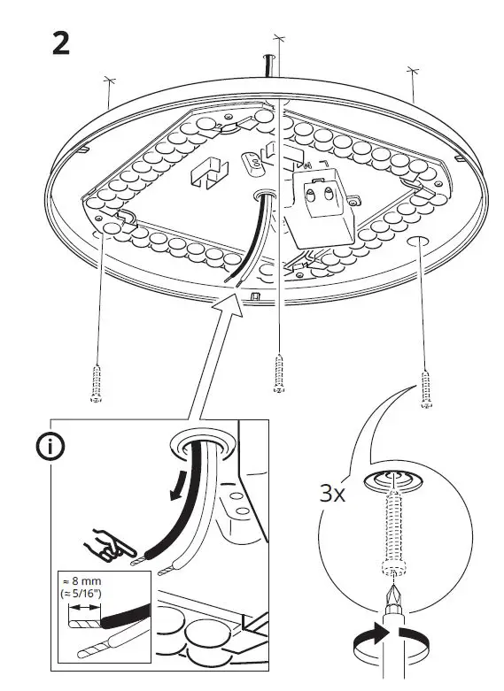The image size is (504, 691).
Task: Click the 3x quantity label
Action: pos(332,493)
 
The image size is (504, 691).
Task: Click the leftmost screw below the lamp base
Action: pos(96,383)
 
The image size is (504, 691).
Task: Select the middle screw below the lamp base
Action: pos(279,372)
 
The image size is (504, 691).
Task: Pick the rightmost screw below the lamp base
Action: pos(426,389)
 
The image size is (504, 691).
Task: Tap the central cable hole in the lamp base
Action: pos(263,193)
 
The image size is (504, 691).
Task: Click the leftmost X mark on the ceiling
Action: pos(109,81)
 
